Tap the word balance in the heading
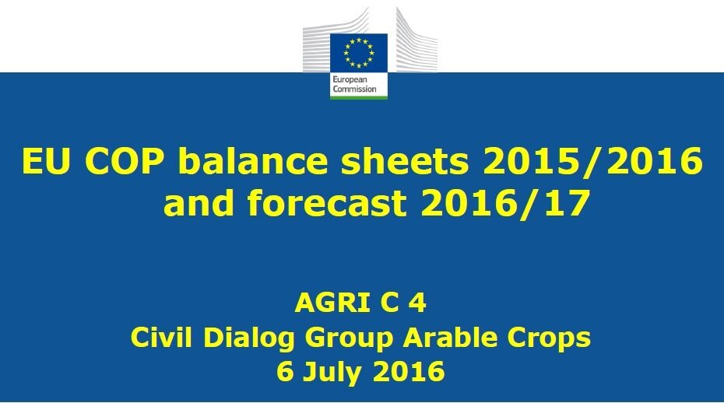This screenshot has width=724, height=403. pyautogui.click(x=253, y=161)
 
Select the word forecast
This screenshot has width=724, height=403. pyautogui.click(x=326, y=202)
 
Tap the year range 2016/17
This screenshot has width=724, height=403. pyautogui.click(x=505, y=202)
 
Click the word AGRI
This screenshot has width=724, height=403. pyautogui.click(x=332, y=303)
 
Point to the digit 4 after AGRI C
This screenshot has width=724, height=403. pyautogui.click(x=417, y=303)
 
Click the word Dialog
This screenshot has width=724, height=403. pyautogui.click(x=249, y=338)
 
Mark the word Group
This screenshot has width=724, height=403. pyautogui.click(x=349, y=338)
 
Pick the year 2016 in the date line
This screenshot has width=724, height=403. pyautogui.click(x=408, y=371)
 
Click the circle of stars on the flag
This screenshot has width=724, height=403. pyautogui.click(x=359, y=53)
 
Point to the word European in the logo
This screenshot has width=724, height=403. pyautogui.click(x=350, y=80)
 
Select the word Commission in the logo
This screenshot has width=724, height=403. pyautogui.click(x=355, y=89)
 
